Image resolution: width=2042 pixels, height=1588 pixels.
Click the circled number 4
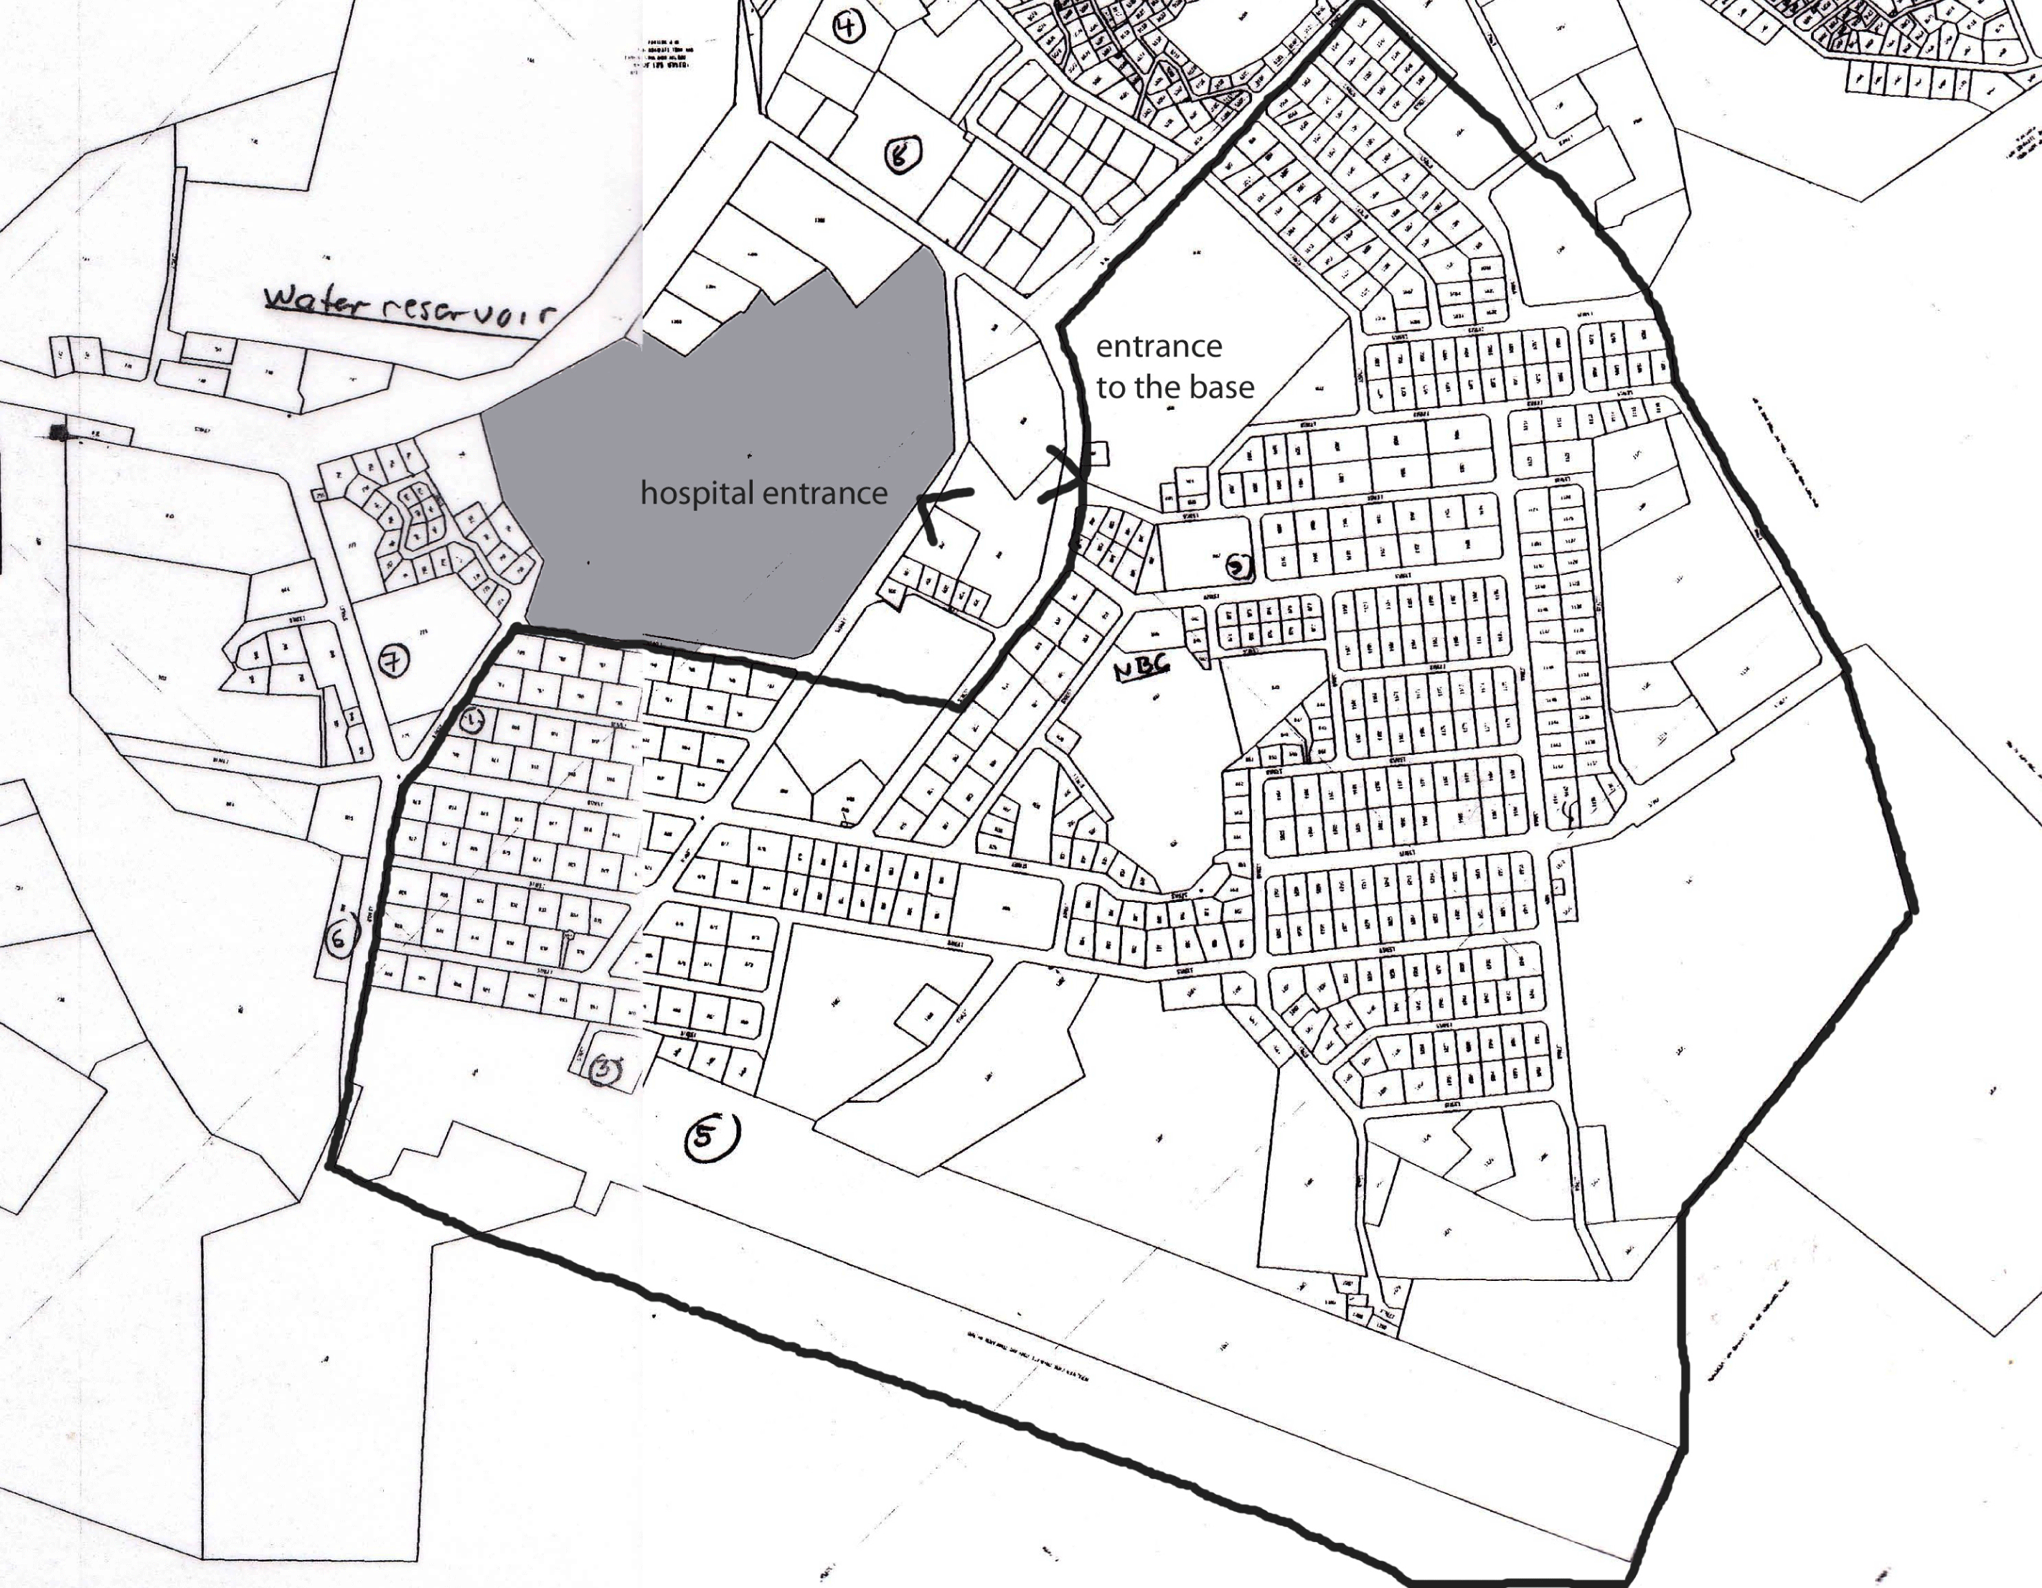point(847,25)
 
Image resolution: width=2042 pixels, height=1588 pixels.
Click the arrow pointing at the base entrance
point(1066,475)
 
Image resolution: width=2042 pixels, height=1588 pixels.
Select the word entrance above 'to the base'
point(1159,347)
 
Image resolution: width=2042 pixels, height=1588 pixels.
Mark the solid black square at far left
point(59,431)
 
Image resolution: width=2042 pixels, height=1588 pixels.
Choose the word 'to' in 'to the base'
point(1110,387)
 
